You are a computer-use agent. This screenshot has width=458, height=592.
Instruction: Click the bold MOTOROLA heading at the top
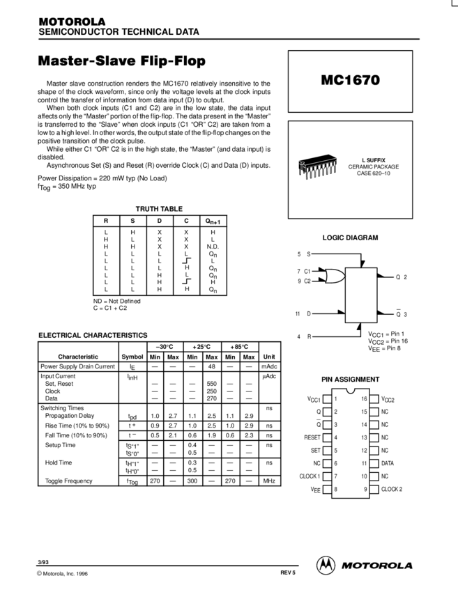[72, 22]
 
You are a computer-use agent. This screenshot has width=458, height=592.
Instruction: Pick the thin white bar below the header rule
[350, 51]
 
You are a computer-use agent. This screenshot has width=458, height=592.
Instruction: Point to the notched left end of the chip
[302, 165]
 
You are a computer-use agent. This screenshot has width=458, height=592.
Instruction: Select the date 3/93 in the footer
[43, 561]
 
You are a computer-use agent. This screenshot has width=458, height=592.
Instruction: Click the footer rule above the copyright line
[167, 566]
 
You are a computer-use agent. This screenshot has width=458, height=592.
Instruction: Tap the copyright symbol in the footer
[39, 573]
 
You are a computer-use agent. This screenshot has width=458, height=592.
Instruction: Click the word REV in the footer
[285, 572]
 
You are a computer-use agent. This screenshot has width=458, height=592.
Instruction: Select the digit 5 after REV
[294, 572]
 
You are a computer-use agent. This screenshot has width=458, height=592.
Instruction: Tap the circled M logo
[326, 566]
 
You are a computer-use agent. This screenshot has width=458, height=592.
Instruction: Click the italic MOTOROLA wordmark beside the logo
[376, 566]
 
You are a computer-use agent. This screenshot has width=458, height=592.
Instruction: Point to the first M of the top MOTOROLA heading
[43, 22]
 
